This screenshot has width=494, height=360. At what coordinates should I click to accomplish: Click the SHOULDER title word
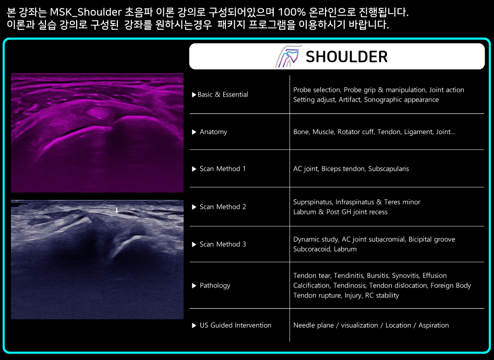(346, 57)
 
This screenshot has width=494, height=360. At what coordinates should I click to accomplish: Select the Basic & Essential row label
(223, 94)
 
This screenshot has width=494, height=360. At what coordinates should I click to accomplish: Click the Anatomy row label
(213, 132)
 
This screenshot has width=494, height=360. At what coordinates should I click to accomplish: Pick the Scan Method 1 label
(222, 169)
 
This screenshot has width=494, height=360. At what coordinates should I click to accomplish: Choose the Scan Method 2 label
(223, 207)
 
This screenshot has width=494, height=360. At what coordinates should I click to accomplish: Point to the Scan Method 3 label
(223, 244)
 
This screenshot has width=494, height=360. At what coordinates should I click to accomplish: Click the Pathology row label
(215, 285)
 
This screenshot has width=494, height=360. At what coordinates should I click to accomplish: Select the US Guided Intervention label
(235, 326)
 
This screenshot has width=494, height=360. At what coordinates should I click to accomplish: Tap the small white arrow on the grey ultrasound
(116, 211)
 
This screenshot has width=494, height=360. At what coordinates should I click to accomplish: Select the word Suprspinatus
(312, 202)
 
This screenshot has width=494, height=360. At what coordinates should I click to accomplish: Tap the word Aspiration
(433, 326)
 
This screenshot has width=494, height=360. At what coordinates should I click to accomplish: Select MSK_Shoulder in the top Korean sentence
(86, 12)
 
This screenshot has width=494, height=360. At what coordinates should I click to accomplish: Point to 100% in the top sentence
(292, 12)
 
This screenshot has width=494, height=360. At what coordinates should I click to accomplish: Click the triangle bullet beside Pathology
(194, 285)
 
